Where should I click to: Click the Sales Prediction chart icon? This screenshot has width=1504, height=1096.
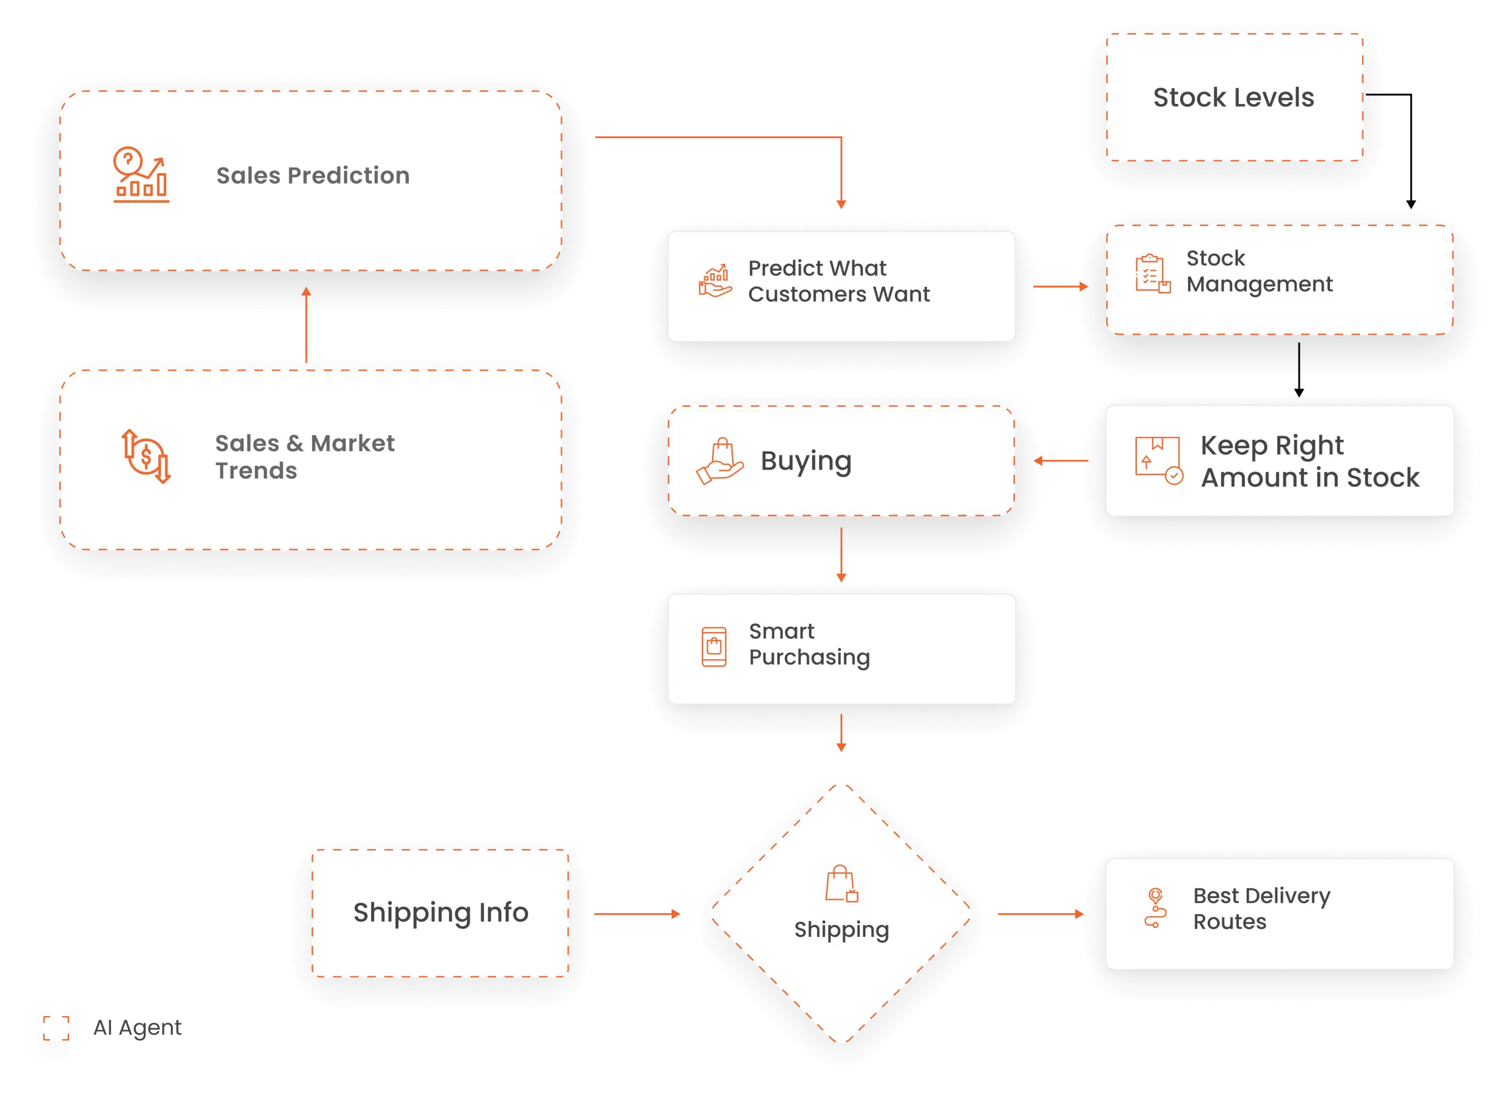click(x=140, y=174)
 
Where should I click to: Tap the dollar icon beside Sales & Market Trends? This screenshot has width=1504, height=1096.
click(x=146, y=456)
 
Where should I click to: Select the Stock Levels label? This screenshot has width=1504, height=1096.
click(x=1233, y=98)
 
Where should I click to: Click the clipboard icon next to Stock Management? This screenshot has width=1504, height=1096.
click(x=1152, y=273)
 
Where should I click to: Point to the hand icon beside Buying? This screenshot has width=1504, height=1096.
click(x=720, y=461)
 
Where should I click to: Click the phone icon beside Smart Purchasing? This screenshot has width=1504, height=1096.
click(x=714, y=646)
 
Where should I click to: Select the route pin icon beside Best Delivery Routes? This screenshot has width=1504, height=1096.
click(x=1155, y=907)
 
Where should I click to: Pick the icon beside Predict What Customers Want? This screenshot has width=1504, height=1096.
click(x=715, y=281)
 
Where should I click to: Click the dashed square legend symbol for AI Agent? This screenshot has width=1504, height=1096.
click(x=56, y=1028)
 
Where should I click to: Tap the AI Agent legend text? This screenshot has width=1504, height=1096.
click(x=137, y=1028)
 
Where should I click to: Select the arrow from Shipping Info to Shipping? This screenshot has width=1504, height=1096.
click(x=637, y=915)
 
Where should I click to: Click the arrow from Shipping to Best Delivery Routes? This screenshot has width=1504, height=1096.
click(x=1040, y=915)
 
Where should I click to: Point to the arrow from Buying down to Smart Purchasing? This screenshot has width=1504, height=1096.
click(x=841, y=555)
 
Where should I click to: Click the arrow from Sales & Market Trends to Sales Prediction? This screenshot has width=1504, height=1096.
click(x=306, y=324)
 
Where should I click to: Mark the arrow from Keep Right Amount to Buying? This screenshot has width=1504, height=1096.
click(x=1061, y=460)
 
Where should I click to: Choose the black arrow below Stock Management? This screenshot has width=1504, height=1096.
click(x=1299, y=370)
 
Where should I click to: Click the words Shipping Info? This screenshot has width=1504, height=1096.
click(x=441, y=913)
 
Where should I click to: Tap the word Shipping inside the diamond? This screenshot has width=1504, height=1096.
click(x=841, y=930)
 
